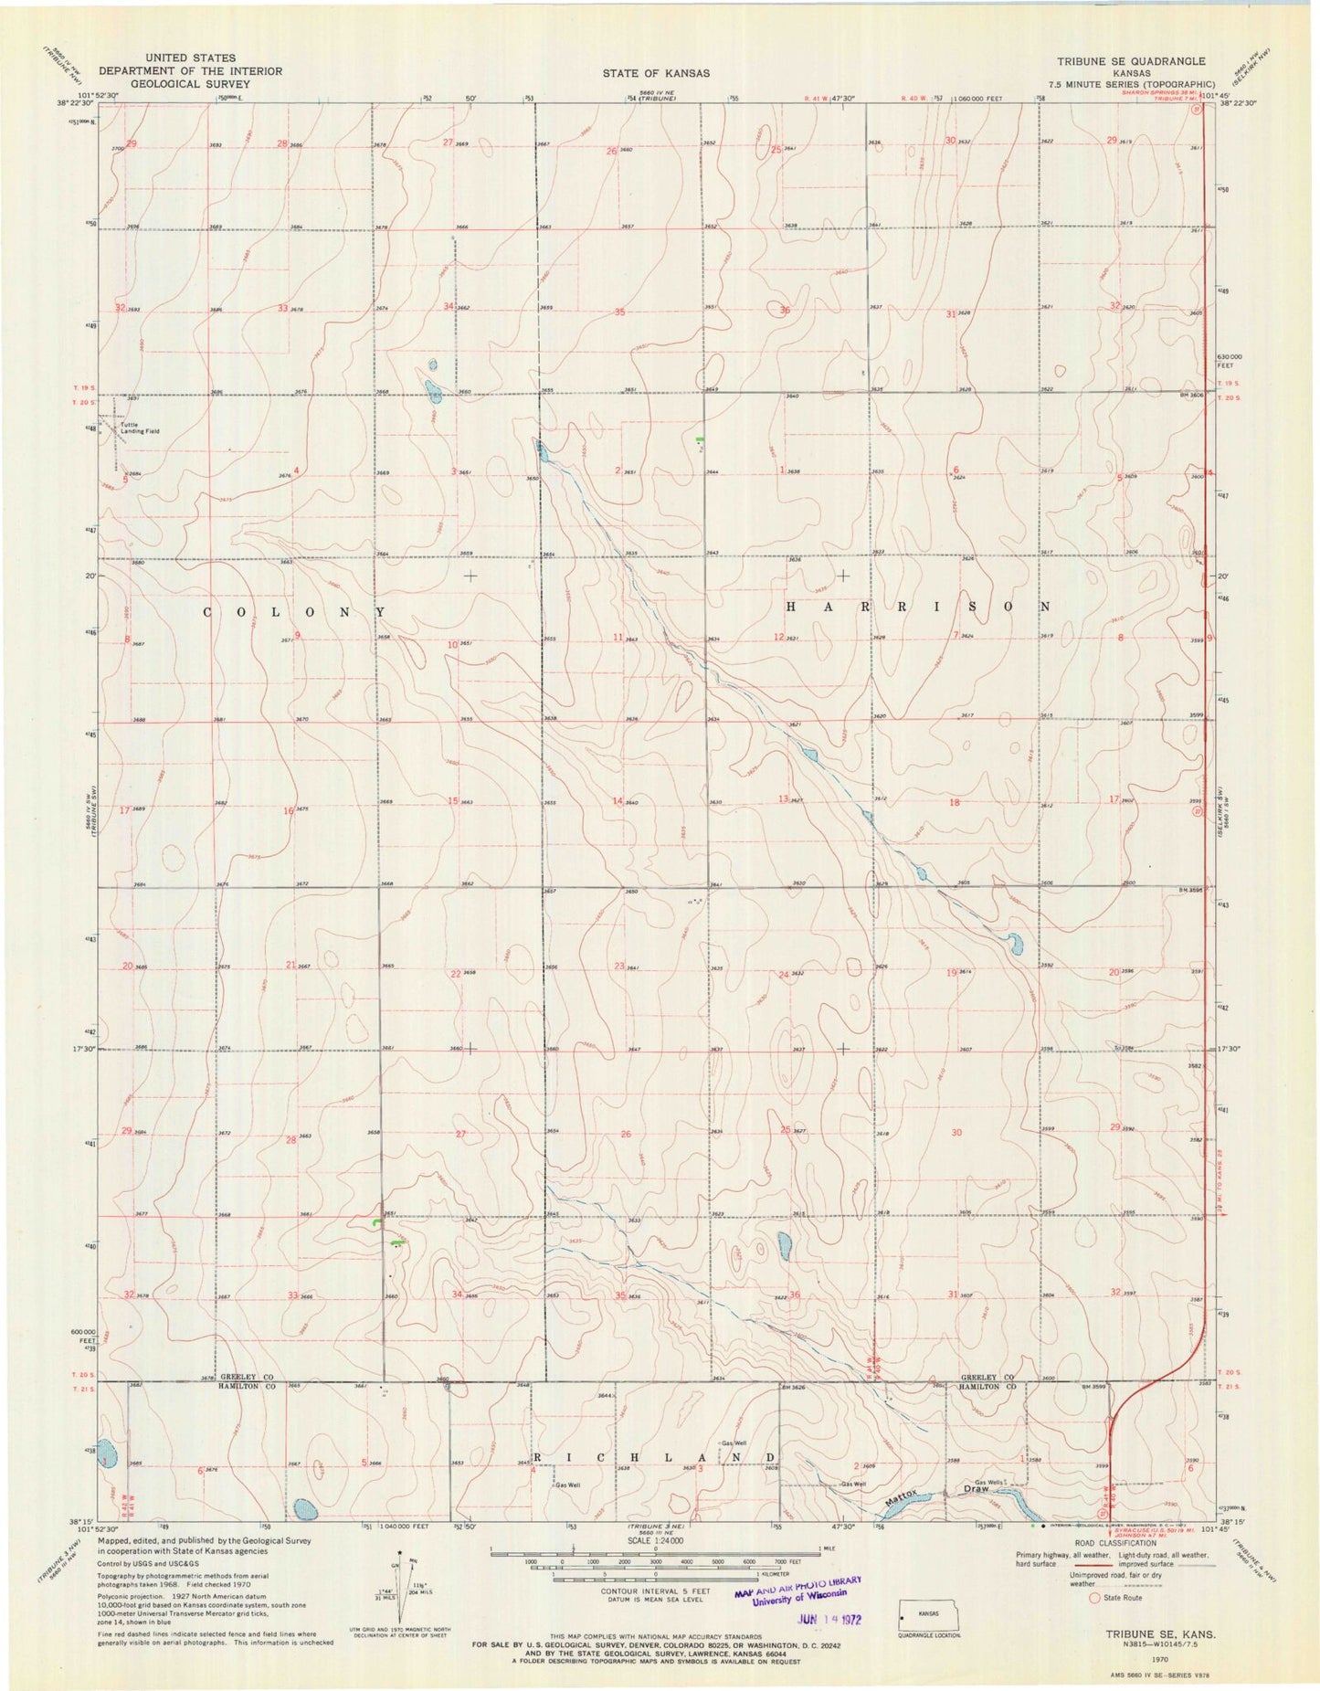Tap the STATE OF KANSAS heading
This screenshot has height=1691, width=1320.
click(655, 72)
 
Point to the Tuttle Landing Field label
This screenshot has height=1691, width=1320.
click(140, 428)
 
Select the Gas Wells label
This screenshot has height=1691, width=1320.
click(990, 1482)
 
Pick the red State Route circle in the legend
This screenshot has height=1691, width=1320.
click(1093, 1598)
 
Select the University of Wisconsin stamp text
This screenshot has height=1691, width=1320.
click(802, 1599)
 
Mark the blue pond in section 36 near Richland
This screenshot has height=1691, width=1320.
click(784, 1245)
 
